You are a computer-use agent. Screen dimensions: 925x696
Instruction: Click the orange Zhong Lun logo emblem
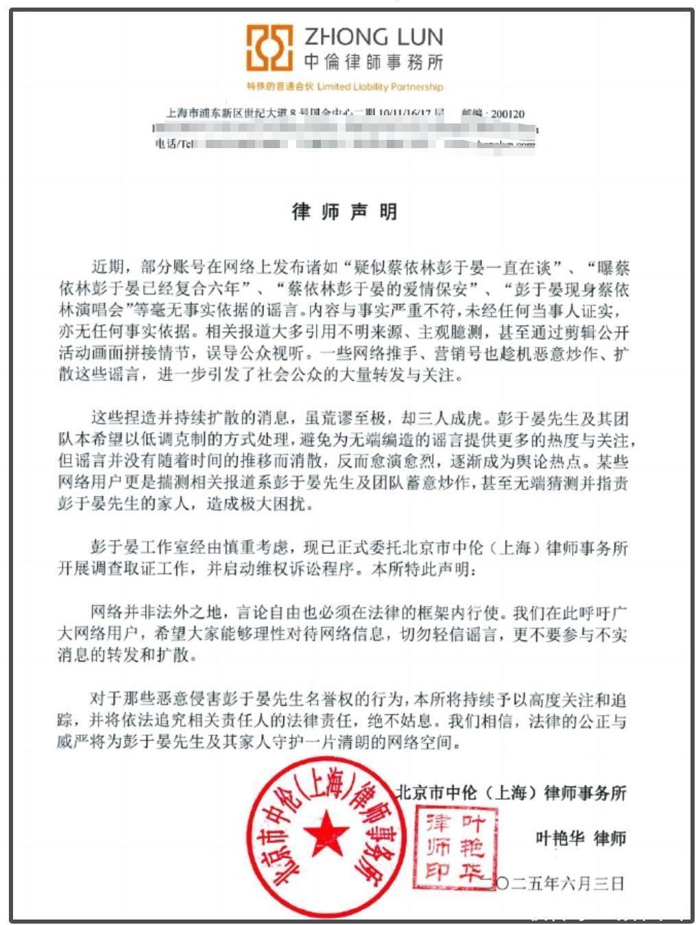269,49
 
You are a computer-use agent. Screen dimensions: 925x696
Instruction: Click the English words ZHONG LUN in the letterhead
373,36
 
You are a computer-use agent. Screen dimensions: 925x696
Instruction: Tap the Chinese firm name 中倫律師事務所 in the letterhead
373,62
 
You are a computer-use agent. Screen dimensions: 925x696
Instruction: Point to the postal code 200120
507,114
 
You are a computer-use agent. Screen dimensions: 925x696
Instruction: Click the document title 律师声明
345,212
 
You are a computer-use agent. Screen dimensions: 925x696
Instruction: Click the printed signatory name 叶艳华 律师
580,838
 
